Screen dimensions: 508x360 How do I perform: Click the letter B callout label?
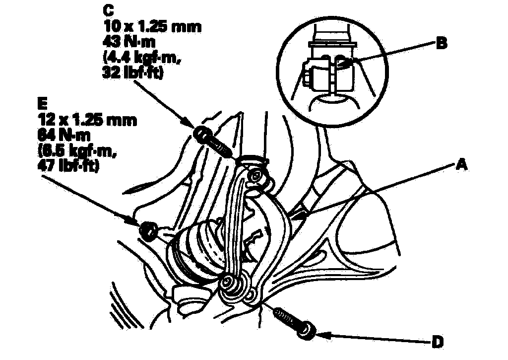tap(441, 43)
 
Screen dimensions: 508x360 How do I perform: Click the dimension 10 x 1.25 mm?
tap(151, 26)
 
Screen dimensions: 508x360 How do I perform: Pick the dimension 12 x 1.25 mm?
tap(87, 120)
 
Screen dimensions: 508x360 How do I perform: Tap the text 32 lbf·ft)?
tap(131, 73)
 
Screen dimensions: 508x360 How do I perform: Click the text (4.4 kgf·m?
tap(138, 58)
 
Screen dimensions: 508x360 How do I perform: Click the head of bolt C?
tap(201, 133)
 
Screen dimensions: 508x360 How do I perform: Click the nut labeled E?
tap(147, 230)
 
